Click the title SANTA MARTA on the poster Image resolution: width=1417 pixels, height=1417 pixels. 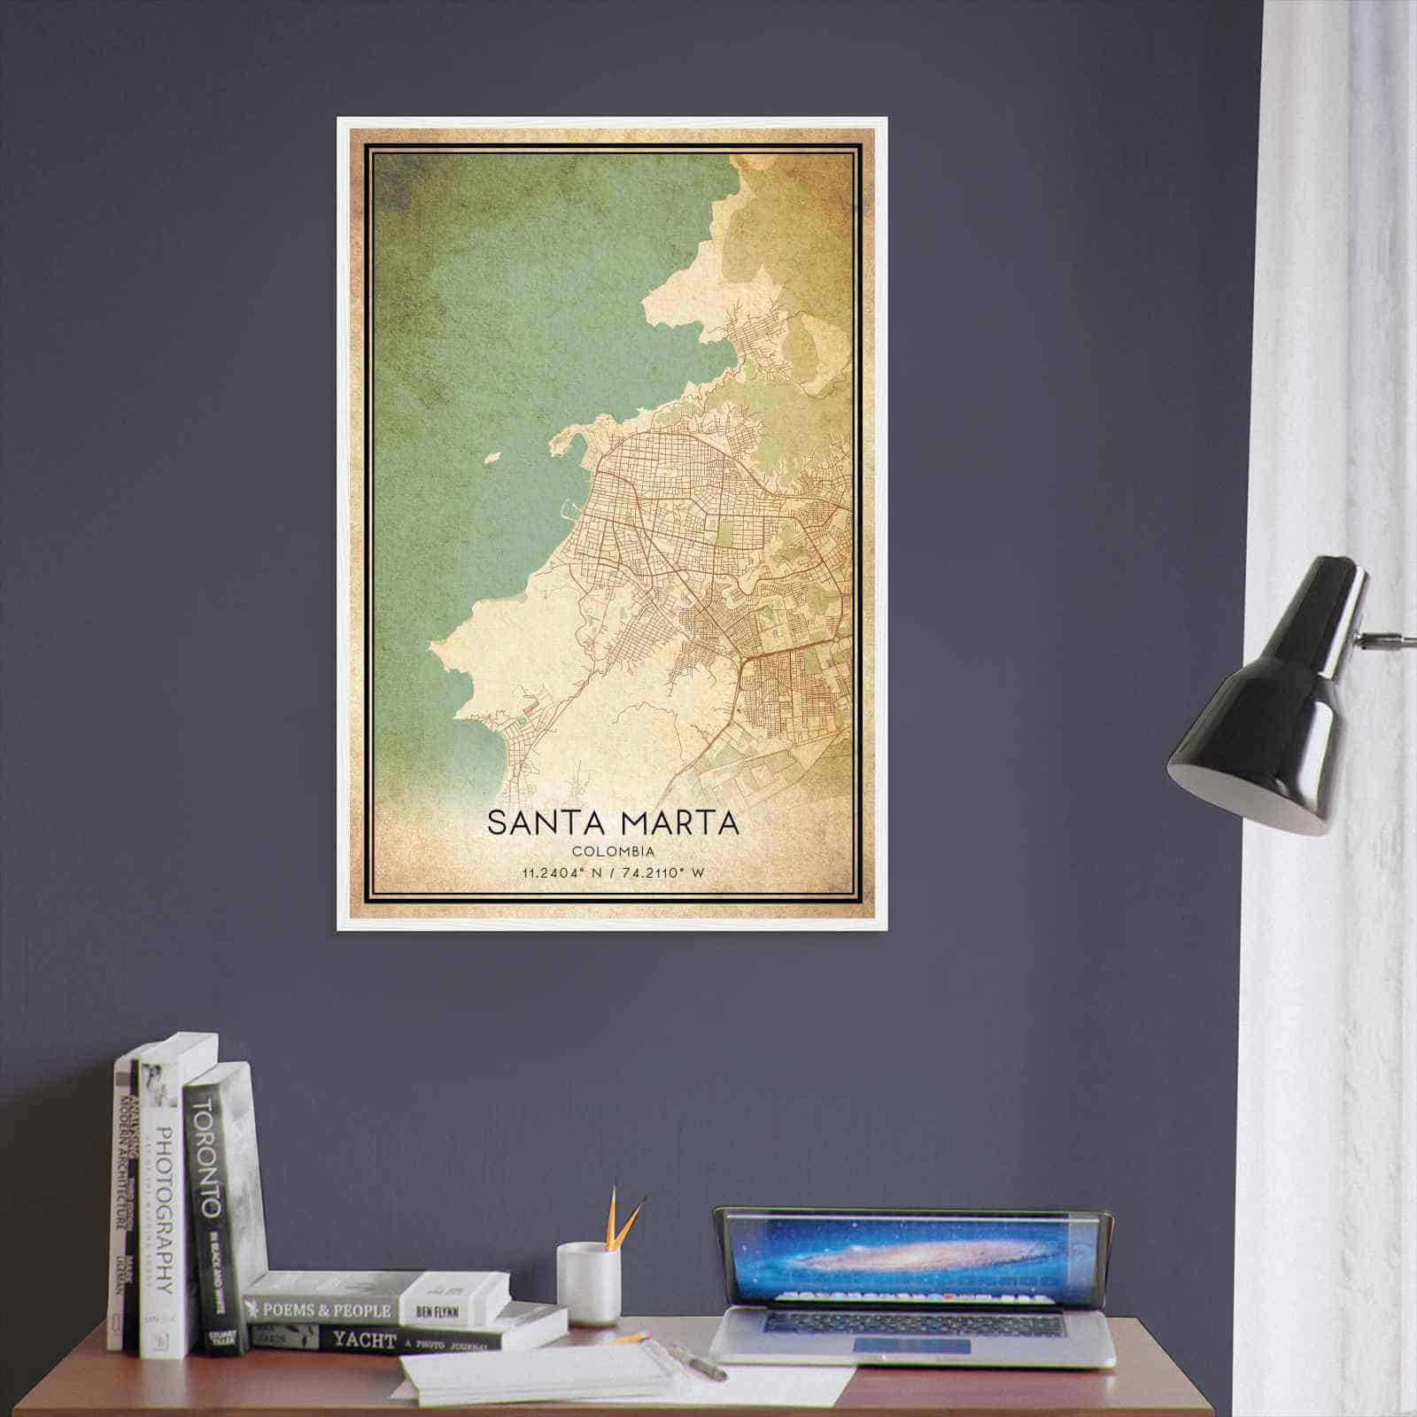pos(613,821)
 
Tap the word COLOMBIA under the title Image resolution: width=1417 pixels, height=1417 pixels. pos(613,852)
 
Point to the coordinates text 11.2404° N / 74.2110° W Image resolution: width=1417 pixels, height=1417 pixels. pos(613,873)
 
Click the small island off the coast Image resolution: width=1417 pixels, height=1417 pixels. pos(493,458)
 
